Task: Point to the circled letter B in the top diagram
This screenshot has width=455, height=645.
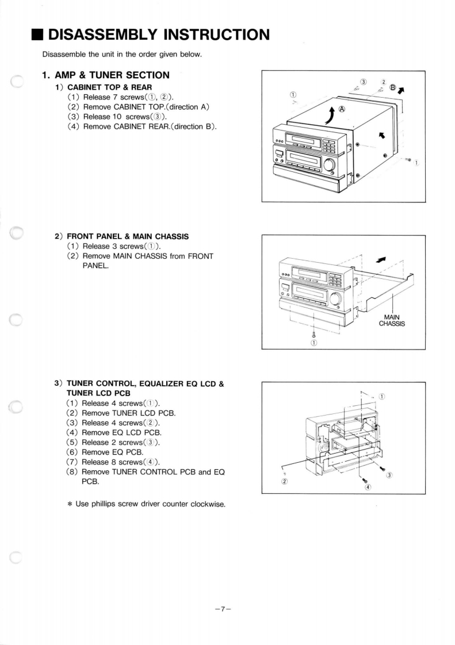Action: point(393,88)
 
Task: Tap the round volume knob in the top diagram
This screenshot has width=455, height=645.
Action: point(330,165)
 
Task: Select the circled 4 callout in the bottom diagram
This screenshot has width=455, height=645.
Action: point(369,487)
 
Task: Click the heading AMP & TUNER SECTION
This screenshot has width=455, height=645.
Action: point(106,75)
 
